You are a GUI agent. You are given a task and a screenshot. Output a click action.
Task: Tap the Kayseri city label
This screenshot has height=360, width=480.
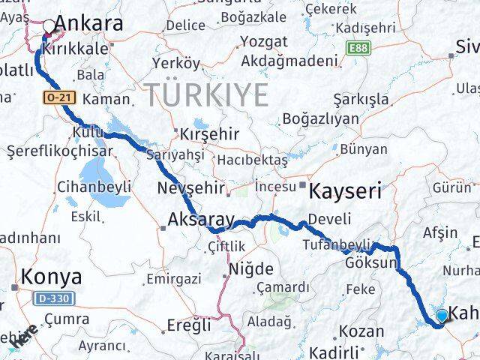344,190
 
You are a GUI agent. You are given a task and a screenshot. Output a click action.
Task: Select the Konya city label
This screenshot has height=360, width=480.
52,277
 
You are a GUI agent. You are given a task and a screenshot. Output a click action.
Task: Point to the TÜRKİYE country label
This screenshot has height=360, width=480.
207,95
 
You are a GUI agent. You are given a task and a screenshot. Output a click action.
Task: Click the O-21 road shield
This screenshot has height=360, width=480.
57,97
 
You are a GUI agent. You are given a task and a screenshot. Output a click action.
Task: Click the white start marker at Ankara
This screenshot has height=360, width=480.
49,27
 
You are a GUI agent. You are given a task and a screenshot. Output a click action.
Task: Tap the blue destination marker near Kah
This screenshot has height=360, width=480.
442,316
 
